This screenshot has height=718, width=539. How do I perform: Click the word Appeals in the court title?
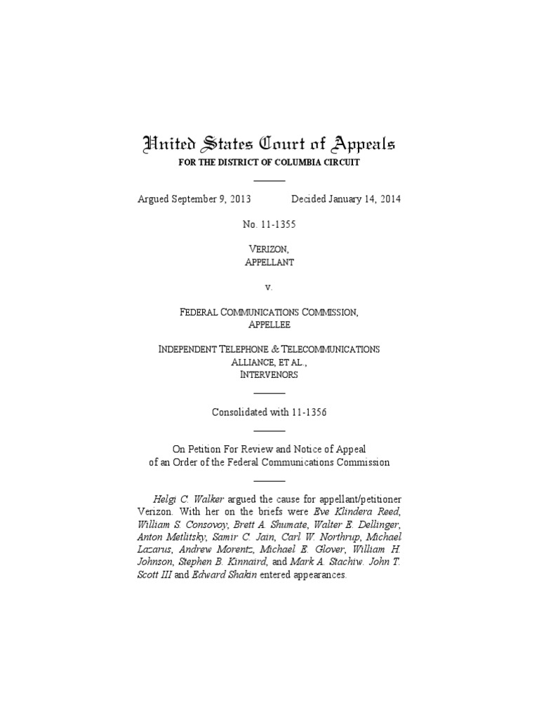coord(359,145)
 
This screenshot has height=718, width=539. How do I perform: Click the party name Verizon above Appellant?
coord(269,250)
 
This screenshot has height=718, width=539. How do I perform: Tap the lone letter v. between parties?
coord(269,287)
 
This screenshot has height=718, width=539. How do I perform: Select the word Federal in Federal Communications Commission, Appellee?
coord(202,312)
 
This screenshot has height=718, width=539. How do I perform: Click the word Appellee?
coord(269,325)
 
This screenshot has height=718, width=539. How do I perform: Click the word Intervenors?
coord(269,374)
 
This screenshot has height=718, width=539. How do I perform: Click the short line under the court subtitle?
coord(269,181)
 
